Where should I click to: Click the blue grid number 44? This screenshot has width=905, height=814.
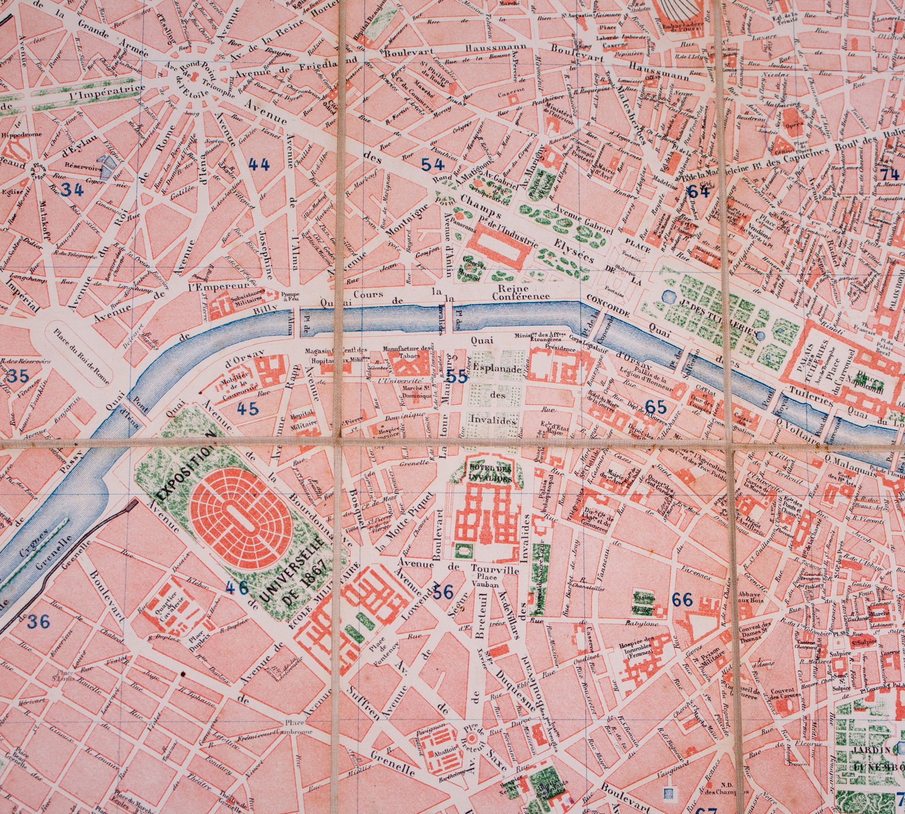(x=258, y=165)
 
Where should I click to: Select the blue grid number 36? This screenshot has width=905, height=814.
(x=38, y=622)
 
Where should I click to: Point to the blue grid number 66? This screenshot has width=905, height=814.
(x=683, y=600)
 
